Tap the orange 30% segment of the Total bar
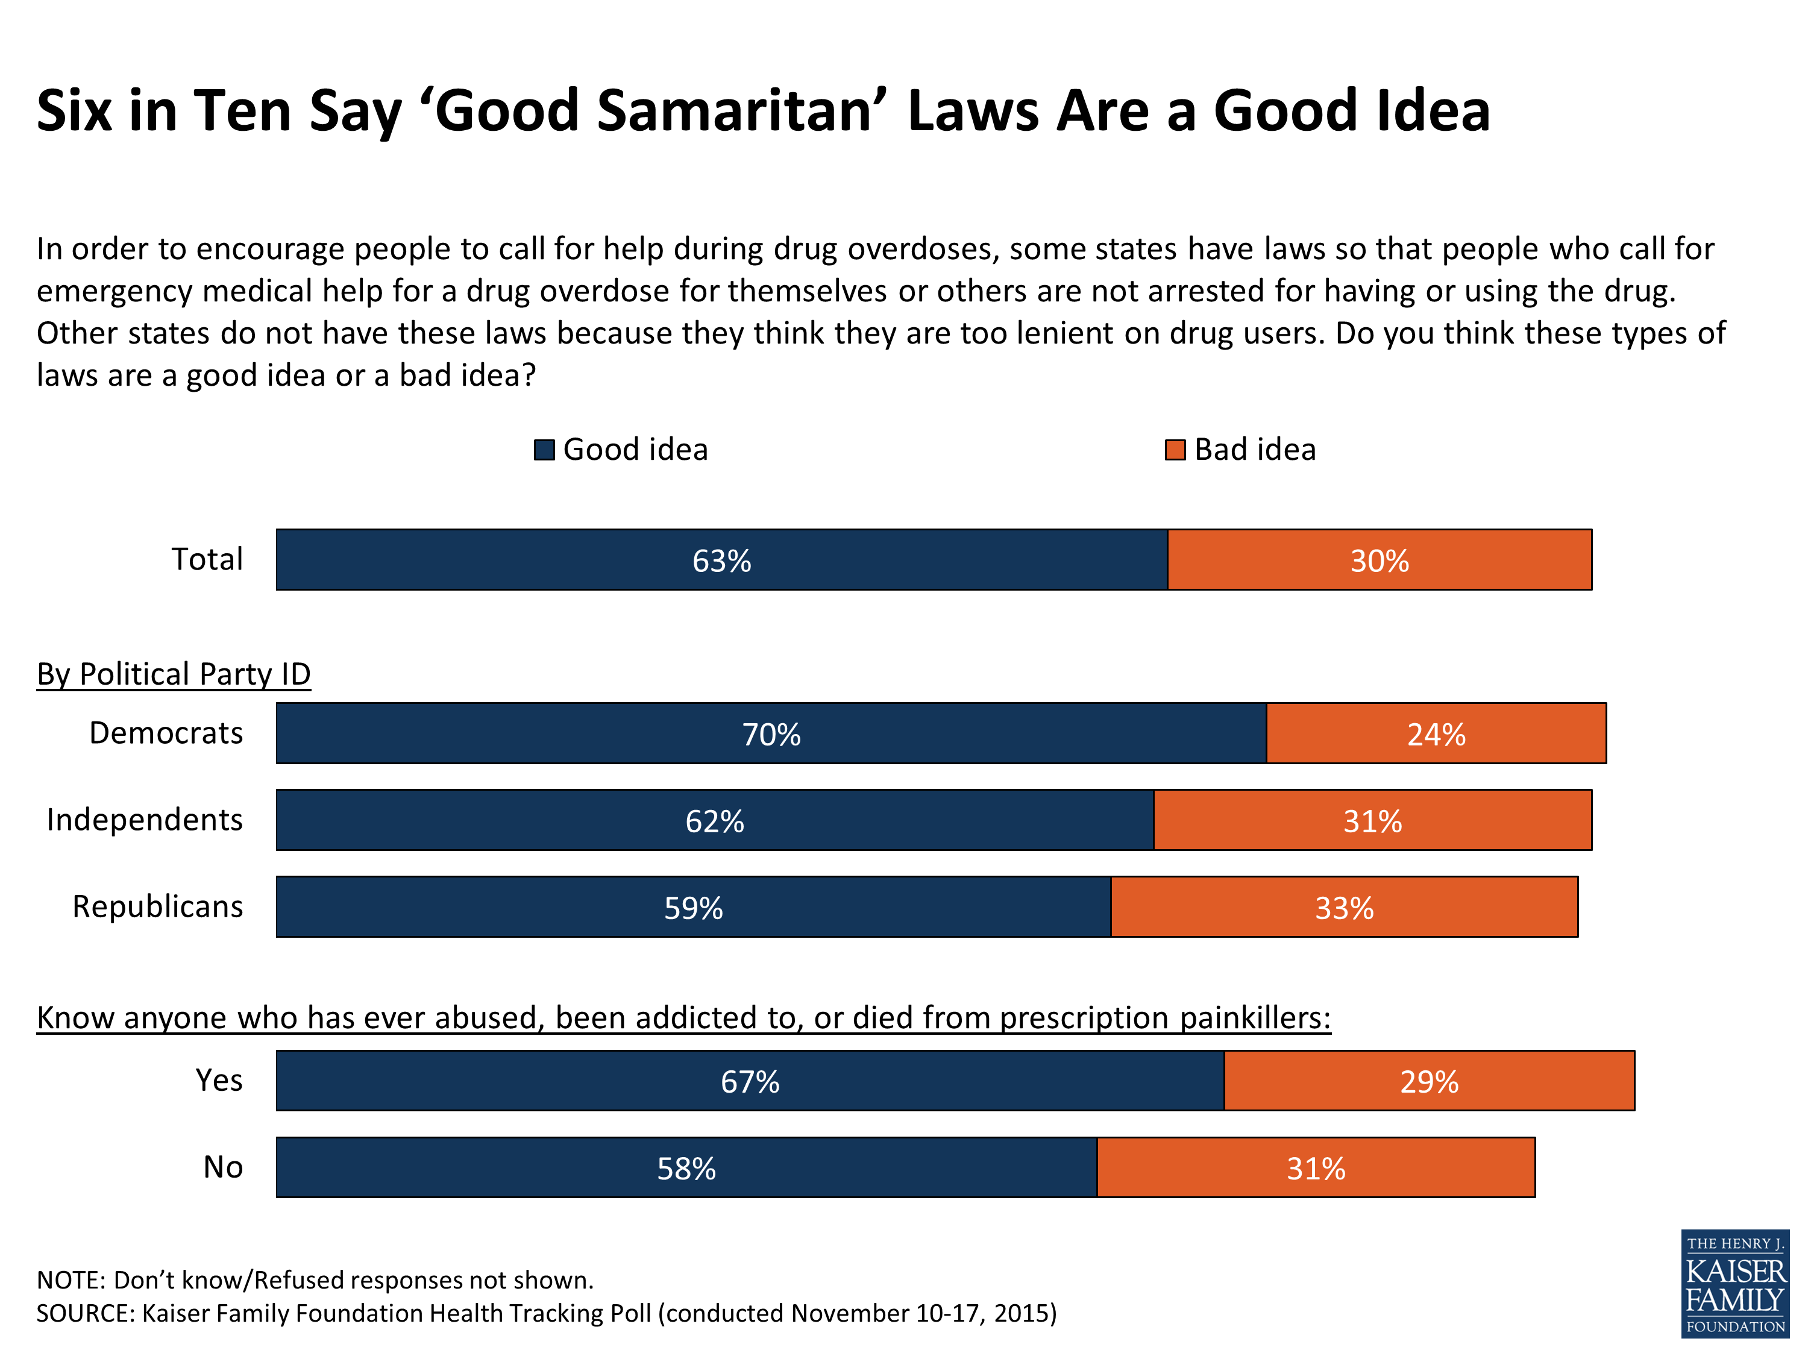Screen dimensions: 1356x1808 (1379, 560)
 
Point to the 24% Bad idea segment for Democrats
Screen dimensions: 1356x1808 (1436, 734)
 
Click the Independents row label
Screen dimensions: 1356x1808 (145, 820)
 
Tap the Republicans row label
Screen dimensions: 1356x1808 (158, 906)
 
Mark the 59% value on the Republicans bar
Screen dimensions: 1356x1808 (693, 908)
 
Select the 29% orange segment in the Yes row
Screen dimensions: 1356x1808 (1429, 1081)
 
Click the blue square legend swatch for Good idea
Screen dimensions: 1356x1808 (544, 450)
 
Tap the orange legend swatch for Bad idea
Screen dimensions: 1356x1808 (1175, 450)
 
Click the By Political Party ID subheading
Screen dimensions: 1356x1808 (174, 674)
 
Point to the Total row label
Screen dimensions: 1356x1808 (207, 559)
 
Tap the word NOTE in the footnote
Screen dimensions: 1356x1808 (71, 1280)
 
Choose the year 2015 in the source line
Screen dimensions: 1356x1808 (1025, 1313)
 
